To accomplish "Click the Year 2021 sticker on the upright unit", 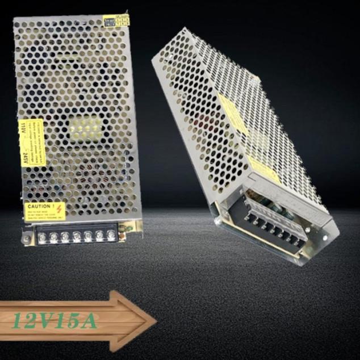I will point(116,20).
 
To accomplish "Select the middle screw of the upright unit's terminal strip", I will point(77,235).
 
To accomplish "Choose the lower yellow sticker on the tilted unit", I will point(263,169).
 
